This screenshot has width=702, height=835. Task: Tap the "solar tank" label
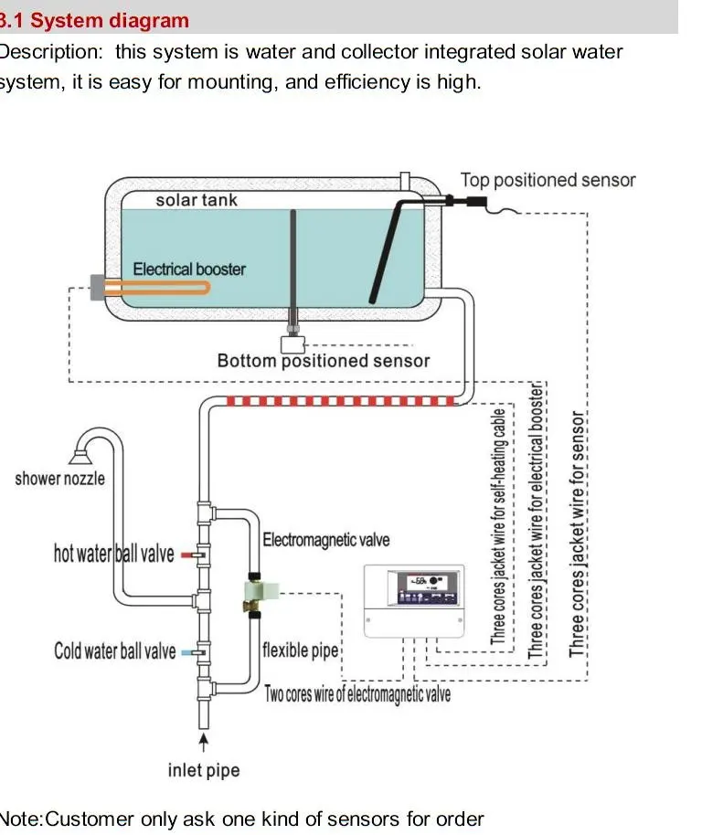click(196, 200)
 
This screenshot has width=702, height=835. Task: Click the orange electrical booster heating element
click(155, 287)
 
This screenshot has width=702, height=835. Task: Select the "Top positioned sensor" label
click(547, 180)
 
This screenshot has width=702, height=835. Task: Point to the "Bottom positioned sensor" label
click(323, 361)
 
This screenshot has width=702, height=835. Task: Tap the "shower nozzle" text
click(59, 479)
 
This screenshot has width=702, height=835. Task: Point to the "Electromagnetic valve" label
click(325, 540)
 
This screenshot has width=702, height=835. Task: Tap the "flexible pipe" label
click(300, 650)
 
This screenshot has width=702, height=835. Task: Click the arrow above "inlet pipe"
click(204, 738)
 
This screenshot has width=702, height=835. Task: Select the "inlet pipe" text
click(203, 770)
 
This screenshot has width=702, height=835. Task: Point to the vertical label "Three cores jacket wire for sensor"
click(577, 534)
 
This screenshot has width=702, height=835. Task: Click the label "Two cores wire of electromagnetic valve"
click(357, 694)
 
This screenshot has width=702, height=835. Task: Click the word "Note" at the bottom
click(18, 819)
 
